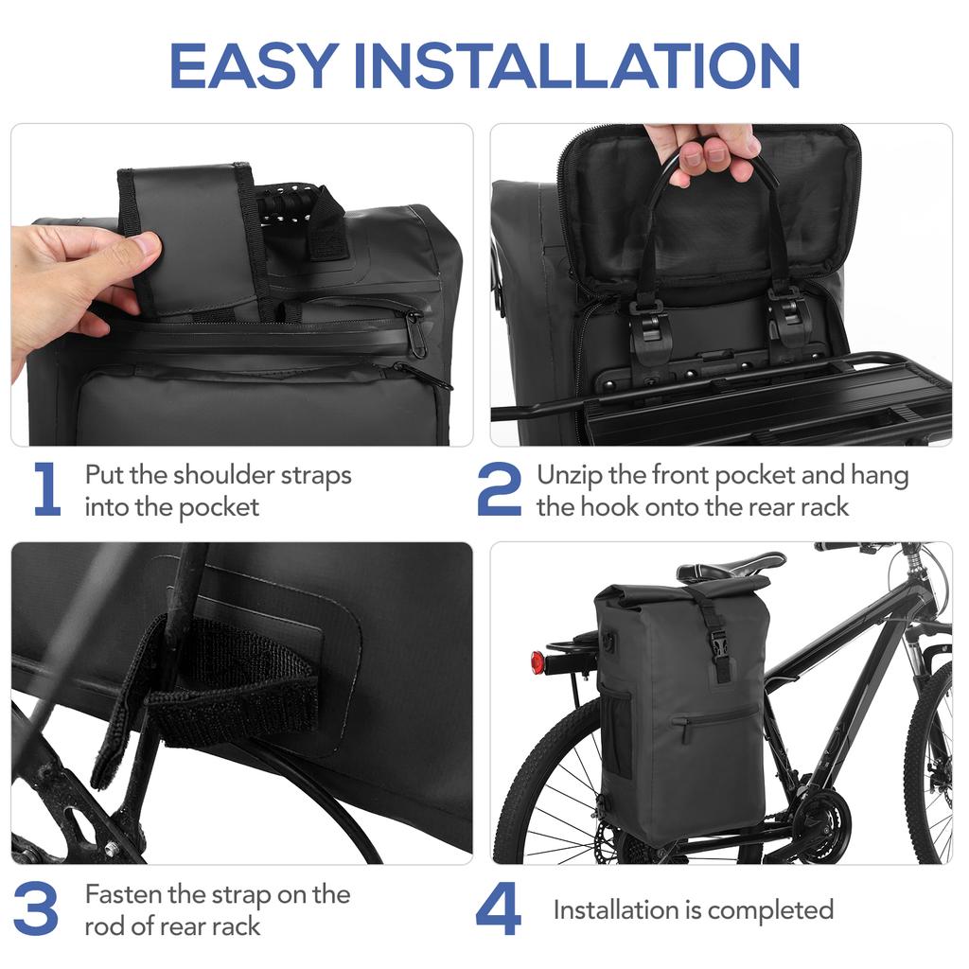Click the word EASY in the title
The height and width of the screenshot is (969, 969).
(254, 65)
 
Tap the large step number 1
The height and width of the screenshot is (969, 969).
(46, 490)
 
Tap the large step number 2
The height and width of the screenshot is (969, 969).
(499, 490)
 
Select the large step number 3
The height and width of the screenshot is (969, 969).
(38, 909)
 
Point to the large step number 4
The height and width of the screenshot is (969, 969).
(499, 909)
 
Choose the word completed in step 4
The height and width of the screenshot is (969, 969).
(770, 910)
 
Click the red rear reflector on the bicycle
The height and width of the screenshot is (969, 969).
(537, 662)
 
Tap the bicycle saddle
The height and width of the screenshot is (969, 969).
(729, 566)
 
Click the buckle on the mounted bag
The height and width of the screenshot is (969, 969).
(719, 651)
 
